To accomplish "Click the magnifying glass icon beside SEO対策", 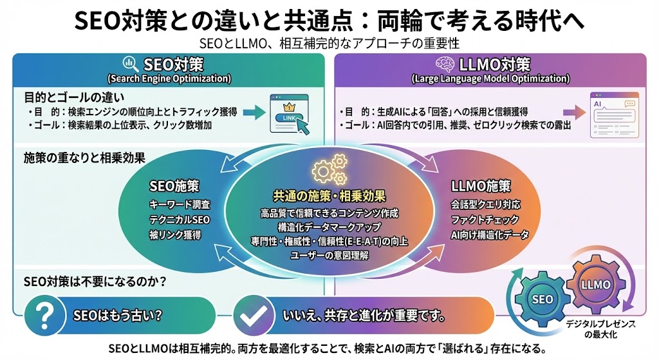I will click(x=130, y=64).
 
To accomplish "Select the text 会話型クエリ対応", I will click(x=486, y=205).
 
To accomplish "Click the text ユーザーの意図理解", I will click(x=329, y=256).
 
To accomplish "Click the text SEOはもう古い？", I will click(x=116, y=316).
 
